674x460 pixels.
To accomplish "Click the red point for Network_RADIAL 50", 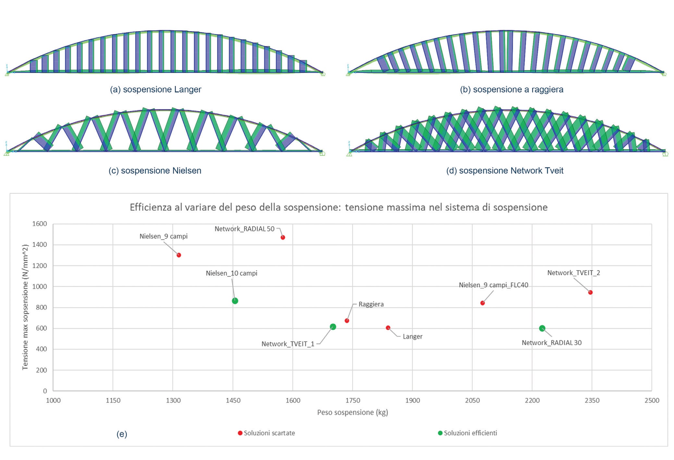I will click(283, 237).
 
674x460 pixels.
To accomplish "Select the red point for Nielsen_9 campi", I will click(179, 255).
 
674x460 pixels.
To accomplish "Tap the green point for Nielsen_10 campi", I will click(235, 301).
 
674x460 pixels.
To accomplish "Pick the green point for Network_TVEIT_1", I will click(333, 327).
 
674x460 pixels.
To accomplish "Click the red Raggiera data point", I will click(347, 321).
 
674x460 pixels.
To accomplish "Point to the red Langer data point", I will click(388, 328).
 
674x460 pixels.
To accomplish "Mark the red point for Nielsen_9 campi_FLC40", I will click(483, 303).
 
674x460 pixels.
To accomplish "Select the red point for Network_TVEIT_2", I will click(590, 292).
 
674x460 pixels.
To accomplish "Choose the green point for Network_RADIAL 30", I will click(542, 328).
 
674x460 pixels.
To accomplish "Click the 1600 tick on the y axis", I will click(40, 224).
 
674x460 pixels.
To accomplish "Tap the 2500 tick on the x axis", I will click(652, 400).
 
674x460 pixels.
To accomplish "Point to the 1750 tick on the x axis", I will click(352, 400).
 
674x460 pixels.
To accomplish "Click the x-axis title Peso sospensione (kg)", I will click(352, 412).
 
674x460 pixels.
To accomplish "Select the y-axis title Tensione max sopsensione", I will click(25, 307).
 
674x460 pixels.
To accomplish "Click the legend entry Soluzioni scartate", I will click(269, 433).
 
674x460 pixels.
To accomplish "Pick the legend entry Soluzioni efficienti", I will click(470, 433).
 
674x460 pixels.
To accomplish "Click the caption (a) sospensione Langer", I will click(155, 90).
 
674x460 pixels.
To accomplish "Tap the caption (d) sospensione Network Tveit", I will click(505, 171).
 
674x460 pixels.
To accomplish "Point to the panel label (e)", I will click(122, 434).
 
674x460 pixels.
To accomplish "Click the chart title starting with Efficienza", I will click(338, 207).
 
